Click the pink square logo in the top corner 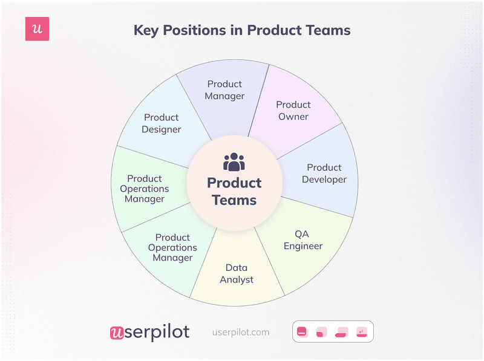(x=37, y=29)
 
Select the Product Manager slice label (x=224, y=90)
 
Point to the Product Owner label (x=293, y=111)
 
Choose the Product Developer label (x=324, y=174)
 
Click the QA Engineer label (x=303, y=240)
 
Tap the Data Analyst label (x=237, y=273)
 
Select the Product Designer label (x=162, y=123)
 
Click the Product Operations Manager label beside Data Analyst (x=172, y=247)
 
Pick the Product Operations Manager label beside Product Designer (x=145, y=189)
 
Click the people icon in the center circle (x=234, y=162)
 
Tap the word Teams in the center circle (x=234, y=200)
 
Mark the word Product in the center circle (x=234, y=183)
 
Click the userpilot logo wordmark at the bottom (x=149, y=332)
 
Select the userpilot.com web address (x=241, y=333)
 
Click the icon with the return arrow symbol (x=362, y=332)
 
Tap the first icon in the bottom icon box (x=302, y=332)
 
